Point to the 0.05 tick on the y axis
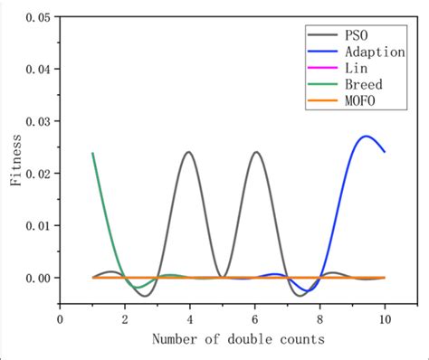[34, 16]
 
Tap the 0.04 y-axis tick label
[34, 69]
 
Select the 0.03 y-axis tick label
[34, 121]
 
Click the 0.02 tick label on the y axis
[34, 174]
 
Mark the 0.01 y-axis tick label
[34, 225]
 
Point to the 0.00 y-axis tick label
[34, 278]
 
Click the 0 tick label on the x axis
[60, 318]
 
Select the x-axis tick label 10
[385, 318]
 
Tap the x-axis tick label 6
[255, 318]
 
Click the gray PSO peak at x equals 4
[189, 152]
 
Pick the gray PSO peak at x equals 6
[256, 152]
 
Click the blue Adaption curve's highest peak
[366, 137]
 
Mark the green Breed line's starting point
[92, 153]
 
